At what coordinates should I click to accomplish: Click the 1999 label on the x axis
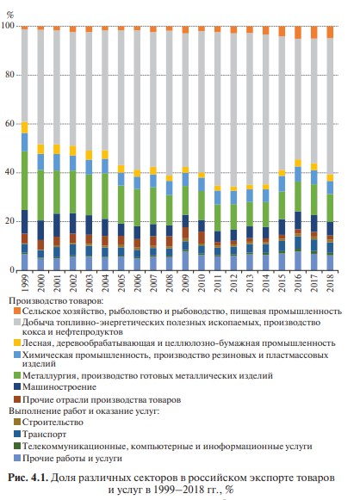25,283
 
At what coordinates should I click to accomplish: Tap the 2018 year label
331,283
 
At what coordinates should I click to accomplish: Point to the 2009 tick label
185,283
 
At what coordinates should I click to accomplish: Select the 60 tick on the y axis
9,124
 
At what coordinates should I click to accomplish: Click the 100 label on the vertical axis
8,26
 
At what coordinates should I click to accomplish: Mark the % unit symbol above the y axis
10,15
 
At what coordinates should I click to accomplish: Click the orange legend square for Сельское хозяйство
17,311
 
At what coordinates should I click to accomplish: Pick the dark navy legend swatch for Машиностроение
17,386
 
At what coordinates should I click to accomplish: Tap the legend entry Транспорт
44,434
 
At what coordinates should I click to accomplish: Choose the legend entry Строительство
53,423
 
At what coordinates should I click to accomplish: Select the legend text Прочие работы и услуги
72,459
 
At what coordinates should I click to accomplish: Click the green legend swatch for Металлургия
17,375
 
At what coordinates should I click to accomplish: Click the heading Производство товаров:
56,300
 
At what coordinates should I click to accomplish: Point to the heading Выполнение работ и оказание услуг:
84,410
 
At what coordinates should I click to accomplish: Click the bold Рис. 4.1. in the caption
28,478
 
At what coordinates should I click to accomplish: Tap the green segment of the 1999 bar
25,181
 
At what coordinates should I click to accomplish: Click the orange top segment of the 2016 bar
298,33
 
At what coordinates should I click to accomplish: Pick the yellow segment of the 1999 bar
25,127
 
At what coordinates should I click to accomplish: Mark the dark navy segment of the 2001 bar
57,225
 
